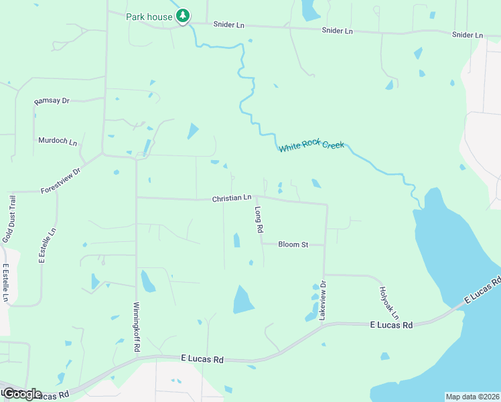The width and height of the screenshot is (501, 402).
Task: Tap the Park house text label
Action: coord(149,16)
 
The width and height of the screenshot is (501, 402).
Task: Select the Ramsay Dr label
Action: coord(52,100)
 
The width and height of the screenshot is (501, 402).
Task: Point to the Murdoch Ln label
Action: coord(58,141)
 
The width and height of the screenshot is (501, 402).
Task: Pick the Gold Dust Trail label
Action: coord(8,218)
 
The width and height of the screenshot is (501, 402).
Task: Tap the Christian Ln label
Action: coord(232,198)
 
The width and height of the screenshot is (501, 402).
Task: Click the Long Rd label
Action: coord(259,219)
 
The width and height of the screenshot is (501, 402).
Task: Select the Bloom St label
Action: coord(293,245)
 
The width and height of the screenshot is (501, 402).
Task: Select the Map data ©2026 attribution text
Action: coord(472,397)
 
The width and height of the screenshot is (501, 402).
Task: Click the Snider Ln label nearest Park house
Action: coord(228,25)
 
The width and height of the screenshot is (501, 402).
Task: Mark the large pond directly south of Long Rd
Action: coord(243,299)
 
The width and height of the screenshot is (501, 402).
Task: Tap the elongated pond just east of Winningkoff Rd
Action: coord(147,281)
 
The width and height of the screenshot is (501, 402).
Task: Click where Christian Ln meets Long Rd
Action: coord(256,198)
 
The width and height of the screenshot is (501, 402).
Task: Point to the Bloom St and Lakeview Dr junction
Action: coord(326,245)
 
